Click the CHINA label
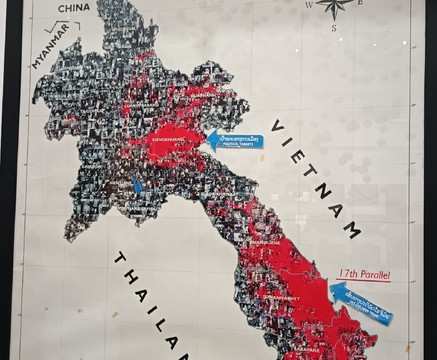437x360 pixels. click(x=74, y=7)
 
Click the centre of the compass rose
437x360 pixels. click(x=334, y=5)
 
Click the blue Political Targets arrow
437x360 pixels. click(x=236, y=140)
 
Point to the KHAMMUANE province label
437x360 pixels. click(x=261, y=241)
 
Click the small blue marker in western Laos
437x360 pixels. click(x=137, y=186)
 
